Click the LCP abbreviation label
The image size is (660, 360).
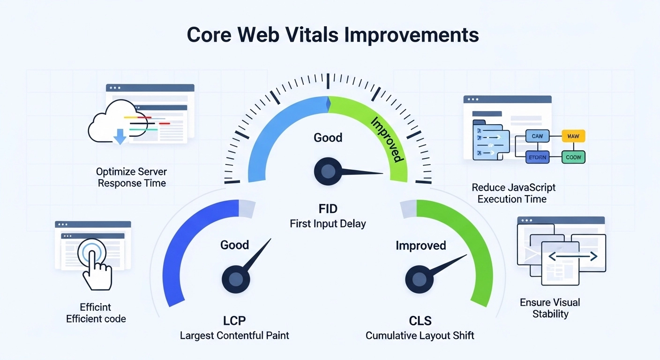click(x=234, y=321)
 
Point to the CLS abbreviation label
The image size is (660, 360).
click(x=420, y=321)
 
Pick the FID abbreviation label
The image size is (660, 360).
click(x=328, y=208)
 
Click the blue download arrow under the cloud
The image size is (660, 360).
click(x=120, y=136)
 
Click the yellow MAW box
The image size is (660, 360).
click(x=573, y=136)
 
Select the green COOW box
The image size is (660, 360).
click(x=573, y=157)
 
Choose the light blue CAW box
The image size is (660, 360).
click(x=537, y=136)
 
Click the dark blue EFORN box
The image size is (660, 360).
click(x=537, y=157)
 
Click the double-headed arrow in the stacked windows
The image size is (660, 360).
click(x=573, y=256)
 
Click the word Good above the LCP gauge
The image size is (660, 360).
click(x=234, y=245)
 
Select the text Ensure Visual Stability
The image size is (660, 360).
click(x=550, y=308)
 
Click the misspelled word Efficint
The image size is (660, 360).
click(x=96, y=307)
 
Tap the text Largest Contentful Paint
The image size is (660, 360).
click(x=234, y=335)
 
